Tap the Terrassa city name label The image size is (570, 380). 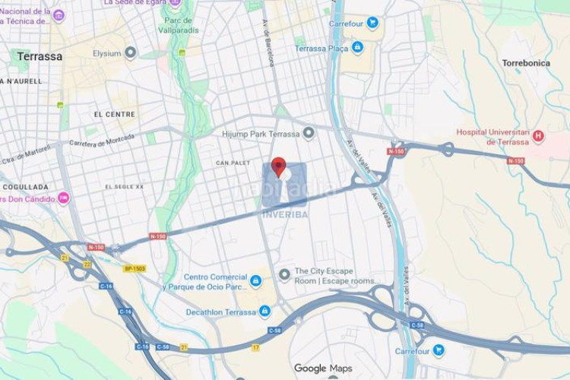pyautogui.click(x=40, y=56)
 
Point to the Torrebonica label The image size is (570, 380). pyautogui.click(x=526, y=63)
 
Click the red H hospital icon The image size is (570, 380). pyautogui.click(x=539, y=136)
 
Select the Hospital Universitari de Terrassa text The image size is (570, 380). pyautogui.click(x=492, y=137)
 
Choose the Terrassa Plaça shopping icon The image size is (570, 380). pyautogui.click(x=357, y=48)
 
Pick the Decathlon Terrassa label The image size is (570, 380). pyautogui.click(x=221, y=312)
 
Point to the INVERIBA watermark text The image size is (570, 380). pyautogui.click(x=285, y=214)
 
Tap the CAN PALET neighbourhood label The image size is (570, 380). pyautogui.click(x=233, y=163)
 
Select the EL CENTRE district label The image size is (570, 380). pyautogui.click(x=114, y=114)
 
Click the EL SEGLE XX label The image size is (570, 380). pyautogui.click(x=124, y=186)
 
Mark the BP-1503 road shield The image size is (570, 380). pyautogui.click(x=134, y=268)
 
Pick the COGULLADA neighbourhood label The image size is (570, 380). pyautogui.click(x=24, y=187)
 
